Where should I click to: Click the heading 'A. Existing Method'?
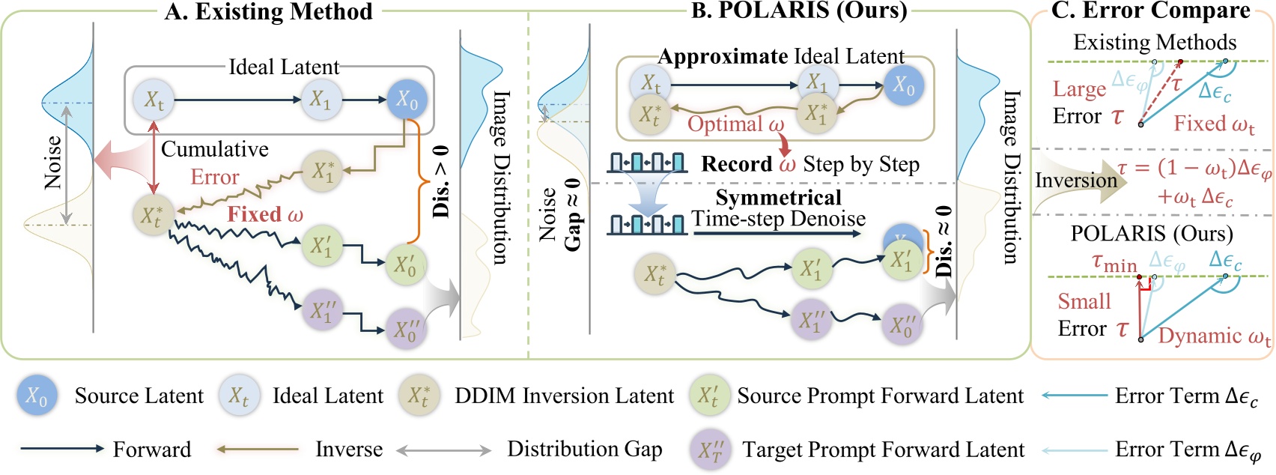tap(268, 12)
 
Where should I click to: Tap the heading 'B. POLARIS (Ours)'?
tap(799, 10)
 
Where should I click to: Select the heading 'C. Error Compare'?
tap(1150, 10)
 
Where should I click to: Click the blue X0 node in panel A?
tap(407, 100)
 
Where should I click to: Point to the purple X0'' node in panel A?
tap(406, 330)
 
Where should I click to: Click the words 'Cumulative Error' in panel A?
tap(214, 163)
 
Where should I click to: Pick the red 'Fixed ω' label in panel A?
tap(265, 214)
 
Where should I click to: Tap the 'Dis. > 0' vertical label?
tap(441, 182)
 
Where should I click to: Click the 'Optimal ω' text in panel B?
tap(735, 124)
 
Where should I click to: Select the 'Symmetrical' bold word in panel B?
tap(778, 198)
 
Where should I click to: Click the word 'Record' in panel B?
tap(736, 164)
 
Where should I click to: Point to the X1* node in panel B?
tap(816, 114)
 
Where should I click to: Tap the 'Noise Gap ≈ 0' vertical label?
tap(559, 215)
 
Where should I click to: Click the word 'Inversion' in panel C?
tap(1075, 181)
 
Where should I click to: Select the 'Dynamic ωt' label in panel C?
tap(1214, 336)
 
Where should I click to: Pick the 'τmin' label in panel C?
tap(1114, 262)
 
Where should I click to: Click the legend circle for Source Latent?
tap(37, 396)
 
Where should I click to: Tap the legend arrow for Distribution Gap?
tap(443, 450)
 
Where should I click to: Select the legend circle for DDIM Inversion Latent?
tap(418, 396)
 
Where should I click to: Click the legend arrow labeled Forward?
tap(62, 449)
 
